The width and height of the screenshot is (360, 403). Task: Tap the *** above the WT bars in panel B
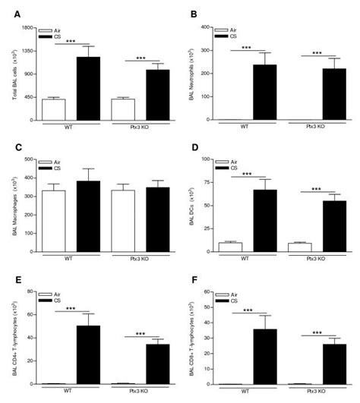(x=246, y=48)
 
